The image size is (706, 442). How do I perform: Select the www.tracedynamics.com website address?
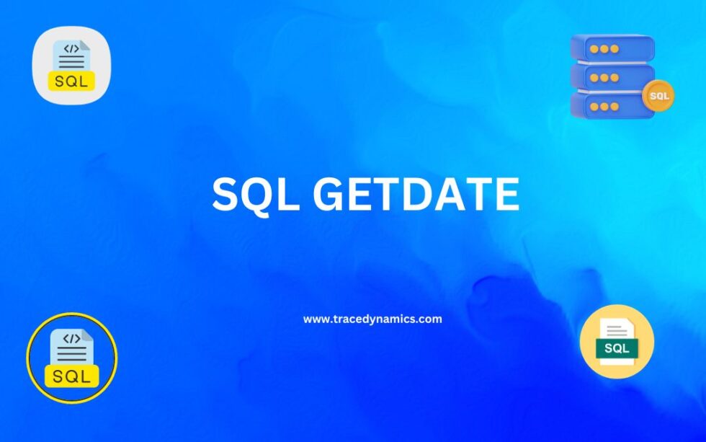[372, 319]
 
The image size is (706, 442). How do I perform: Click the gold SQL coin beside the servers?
[658, 95]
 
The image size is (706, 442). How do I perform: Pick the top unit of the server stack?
[612, 49]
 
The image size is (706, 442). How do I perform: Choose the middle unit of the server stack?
[612, 77]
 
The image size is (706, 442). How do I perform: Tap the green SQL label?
[617, 348]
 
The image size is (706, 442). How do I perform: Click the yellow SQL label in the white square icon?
[71, 81]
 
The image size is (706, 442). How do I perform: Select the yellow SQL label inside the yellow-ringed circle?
[71, 375]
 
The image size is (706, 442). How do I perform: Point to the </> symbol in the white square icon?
[71, 49]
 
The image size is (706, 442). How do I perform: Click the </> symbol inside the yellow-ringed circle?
[71, 338]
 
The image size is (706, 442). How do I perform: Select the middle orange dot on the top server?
[604, 49]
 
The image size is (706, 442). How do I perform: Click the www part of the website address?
[316, 319]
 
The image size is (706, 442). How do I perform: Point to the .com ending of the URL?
[429, 319]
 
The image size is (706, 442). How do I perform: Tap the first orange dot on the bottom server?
[594, 107]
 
